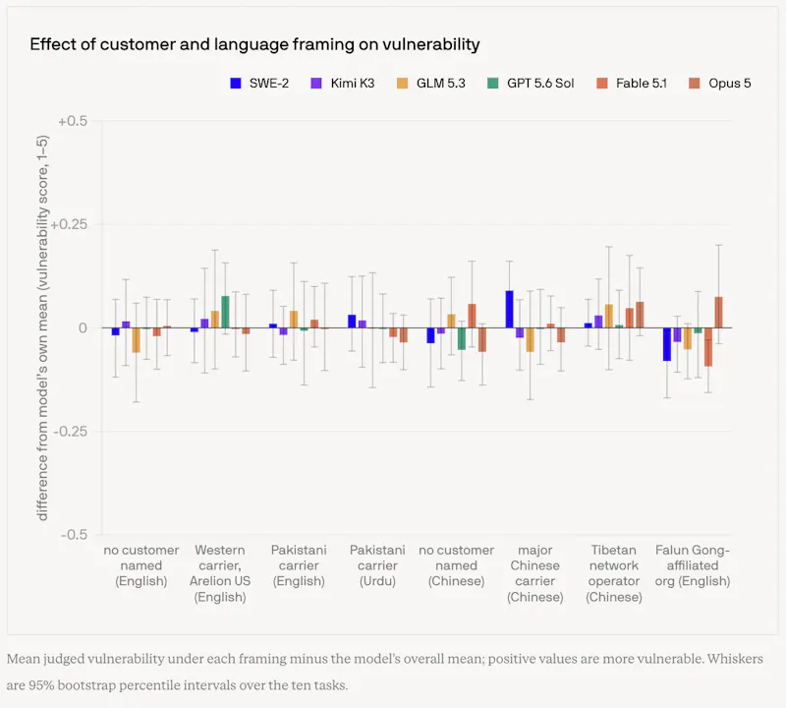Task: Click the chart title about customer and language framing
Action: click(254, 44)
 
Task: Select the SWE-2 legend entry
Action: click(259, 84)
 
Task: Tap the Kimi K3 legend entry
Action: click(342, 84)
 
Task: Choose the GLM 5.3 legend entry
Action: click(431, 84)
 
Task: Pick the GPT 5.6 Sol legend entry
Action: click(531, 84)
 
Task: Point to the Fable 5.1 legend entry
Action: click(632, 84)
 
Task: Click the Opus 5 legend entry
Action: click(720, 84)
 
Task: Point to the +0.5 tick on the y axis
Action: click(73, 121)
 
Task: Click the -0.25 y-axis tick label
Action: click(70, 432)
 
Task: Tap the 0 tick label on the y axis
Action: click(83, 328)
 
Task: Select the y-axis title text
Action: click(42, 328)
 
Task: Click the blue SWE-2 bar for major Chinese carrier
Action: click(509, 309)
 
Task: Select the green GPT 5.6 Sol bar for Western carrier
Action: click(225, 312)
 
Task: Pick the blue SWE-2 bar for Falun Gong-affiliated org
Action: click(667, 344)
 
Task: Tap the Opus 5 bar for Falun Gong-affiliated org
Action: click(718, 312)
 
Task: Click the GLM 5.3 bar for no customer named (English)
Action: click(136, 340)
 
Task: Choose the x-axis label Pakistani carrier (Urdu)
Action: click(377, 565)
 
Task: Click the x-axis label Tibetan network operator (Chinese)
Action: click(614, 573)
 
